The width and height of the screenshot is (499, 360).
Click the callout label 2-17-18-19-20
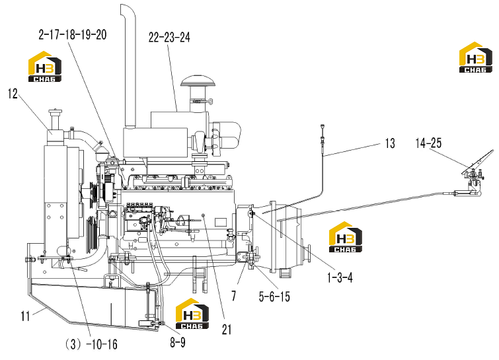point(73,34)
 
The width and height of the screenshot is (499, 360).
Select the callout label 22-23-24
point(169,37)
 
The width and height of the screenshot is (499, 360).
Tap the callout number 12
point(13,94)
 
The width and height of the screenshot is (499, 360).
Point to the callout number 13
point(390,143)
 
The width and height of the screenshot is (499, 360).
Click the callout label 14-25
point(428,143)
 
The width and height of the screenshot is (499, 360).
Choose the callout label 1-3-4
point(340,277)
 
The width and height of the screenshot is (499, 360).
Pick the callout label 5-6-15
point(274,297)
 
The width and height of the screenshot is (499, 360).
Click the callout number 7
point(234,296)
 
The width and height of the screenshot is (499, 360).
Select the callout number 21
point(227,330)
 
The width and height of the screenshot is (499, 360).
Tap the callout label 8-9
point(178,342)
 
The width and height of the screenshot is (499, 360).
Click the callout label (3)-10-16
point(91,344)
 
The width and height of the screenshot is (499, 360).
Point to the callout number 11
point(26,316)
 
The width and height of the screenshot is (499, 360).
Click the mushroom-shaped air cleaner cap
point(198,81)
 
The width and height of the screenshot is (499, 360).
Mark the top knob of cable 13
point(323,126)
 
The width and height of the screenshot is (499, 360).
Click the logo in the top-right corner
point(475,57)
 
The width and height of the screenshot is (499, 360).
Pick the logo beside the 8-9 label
point(192,314)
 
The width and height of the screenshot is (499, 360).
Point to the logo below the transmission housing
point(345,237)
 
